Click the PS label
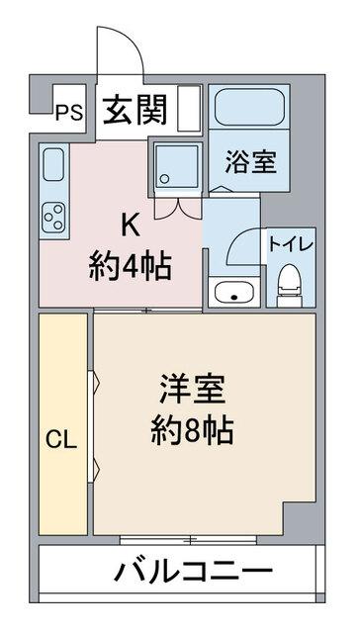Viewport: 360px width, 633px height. tap(67, 111)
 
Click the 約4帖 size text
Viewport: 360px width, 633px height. tap(129, 265)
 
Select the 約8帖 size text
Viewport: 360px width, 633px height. tap(193, 431)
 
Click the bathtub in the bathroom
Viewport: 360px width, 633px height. tap(247, 111)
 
